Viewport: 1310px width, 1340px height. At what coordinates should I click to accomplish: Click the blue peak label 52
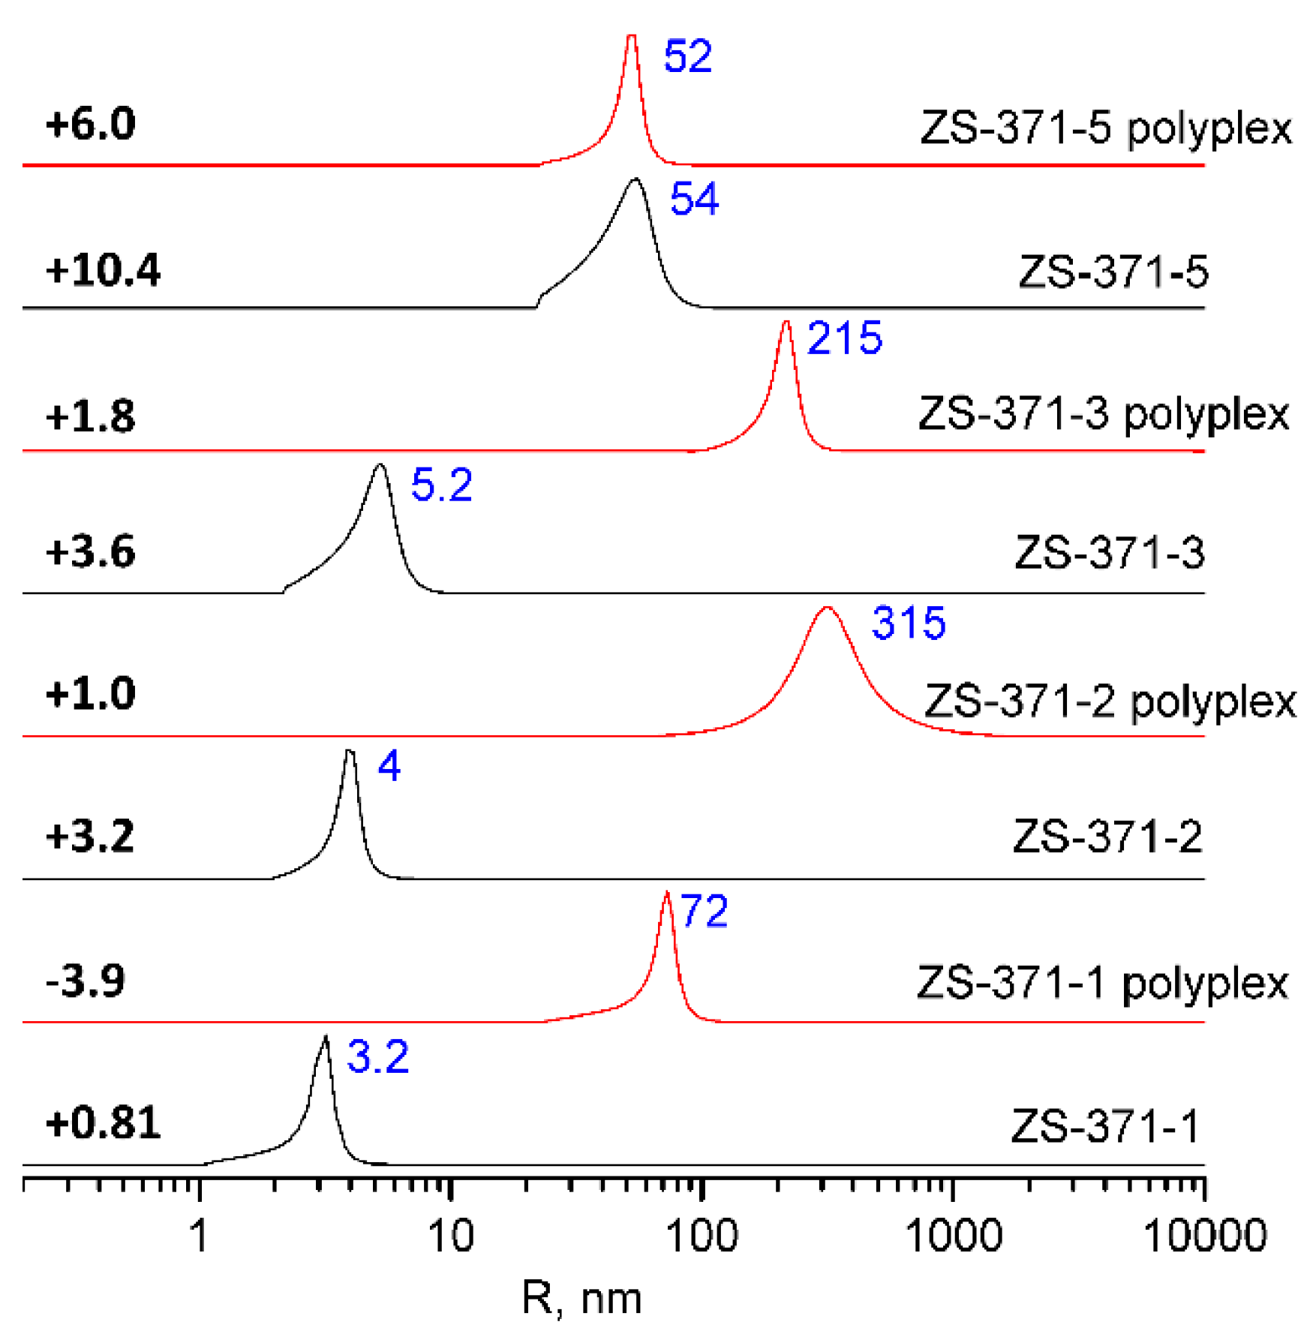coord(687,56)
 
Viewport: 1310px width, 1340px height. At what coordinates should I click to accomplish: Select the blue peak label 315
coord(908,623)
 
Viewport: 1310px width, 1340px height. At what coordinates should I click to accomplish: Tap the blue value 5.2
coord(441,485)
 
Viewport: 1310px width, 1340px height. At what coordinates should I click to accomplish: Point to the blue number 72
coord(703,912)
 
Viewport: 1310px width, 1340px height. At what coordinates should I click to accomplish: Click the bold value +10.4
coord(103,270)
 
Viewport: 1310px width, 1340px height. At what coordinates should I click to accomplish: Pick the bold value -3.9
coord(86,981)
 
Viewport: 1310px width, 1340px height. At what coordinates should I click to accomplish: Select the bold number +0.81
coord(103,1123)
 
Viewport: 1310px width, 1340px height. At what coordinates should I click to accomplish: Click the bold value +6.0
coord(90,124)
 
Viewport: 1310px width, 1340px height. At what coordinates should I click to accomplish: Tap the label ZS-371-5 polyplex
coord(1105,129)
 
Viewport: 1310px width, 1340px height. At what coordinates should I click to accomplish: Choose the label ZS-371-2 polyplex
coord(1109,702)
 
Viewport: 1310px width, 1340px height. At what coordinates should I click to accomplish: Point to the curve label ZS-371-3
coord(1109,554)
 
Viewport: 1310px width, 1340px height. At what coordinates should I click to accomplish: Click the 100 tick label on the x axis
coord(702,1236)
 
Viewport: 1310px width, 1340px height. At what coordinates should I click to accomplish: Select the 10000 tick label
coord(1204,1236)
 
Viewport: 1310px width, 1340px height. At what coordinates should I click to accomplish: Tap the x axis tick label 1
coord(199,1236)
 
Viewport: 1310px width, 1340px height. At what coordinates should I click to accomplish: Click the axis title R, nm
coord(581,1299)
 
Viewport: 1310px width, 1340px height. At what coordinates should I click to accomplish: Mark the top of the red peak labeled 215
coord(786,322)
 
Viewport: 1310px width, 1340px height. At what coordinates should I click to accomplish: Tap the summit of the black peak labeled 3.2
coord(326,1037)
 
